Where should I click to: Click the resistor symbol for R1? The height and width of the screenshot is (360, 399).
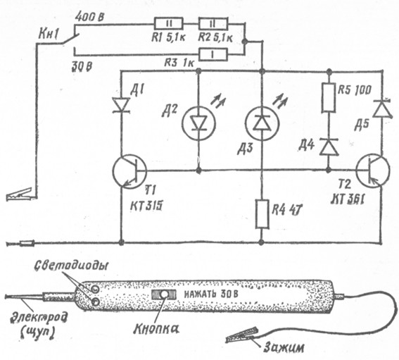click(168, 24)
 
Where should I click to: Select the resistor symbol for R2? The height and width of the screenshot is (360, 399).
click(213, 24)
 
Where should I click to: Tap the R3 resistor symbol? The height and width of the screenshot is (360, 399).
click(213, 54)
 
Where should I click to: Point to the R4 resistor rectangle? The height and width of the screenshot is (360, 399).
click(262, 213)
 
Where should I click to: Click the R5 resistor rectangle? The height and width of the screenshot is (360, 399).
click(328, 98)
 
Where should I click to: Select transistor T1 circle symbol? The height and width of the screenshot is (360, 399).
click(129, 171)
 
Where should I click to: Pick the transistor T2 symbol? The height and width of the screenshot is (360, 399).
click(373, 171)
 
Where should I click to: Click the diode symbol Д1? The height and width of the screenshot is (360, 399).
click(121, 105)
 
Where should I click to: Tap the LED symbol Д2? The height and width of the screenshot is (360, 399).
click(198, 124)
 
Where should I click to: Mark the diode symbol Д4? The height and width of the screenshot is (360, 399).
click(329, 147)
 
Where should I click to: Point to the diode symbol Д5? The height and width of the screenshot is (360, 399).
click(382, 108)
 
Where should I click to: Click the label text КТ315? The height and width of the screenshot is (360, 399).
click(146, 205)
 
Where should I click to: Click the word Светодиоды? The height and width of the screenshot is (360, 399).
click(71, 266)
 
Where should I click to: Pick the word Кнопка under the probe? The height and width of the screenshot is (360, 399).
click(156, 329)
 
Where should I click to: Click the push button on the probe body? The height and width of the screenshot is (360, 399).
click(164, 294)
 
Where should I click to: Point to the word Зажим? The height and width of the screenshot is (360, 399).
click(284, 347)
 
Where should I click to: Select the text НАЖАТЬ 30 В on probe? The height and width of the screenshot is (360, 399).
click(211, 294)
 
